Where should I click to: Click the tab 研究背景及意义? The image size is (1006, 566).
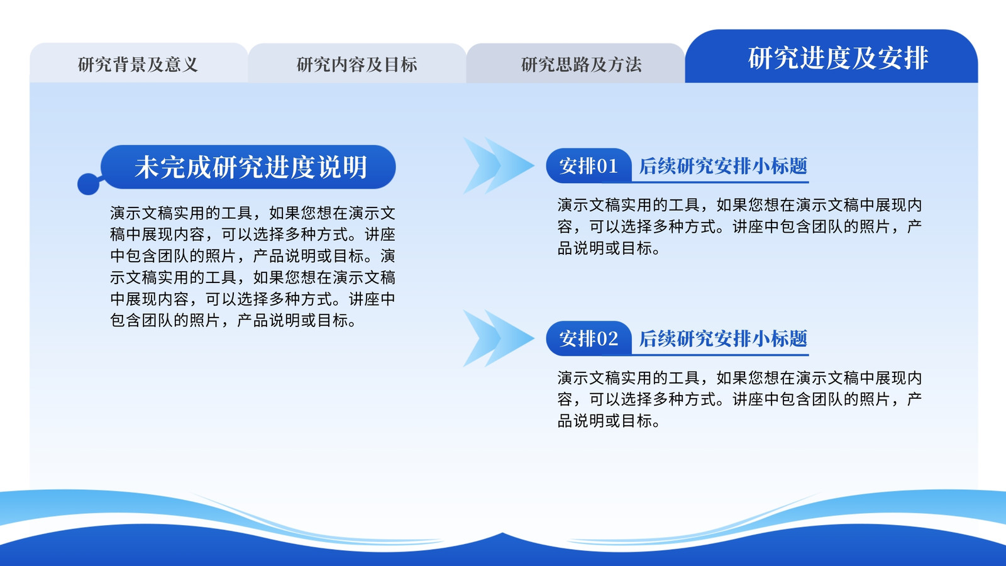click(138, 64)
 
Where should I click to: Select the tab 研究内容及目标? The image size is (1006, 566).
click(357, 64)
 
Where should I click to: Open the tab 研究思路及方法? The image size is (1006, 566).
click(576, 64)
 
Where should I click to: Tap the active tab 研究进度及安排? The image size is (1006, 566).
click(831, 57)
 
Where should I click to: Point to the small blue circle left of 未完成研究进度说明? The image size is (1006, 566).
click(88, 184)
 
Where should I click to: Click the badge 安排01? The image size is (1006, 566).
click(589, 166)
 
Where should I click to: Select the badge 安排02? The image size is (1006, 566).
click(589, 338)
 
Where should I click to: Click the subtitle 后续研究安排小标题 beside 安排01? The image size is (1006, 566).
click(723, 166)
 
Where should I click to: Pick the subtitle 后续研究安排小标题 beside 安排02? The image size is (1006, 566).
click(723, 338)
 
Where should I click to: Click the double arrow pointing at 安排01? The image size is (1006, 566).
click(499, 166)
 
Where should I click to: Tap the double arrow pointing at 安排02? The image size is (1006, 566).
click(499, 338)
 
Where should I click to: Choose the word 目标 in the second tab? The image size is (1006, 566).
click(401, 64)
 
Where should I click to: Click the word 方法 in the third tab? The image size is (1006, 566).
click(625, 64)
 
